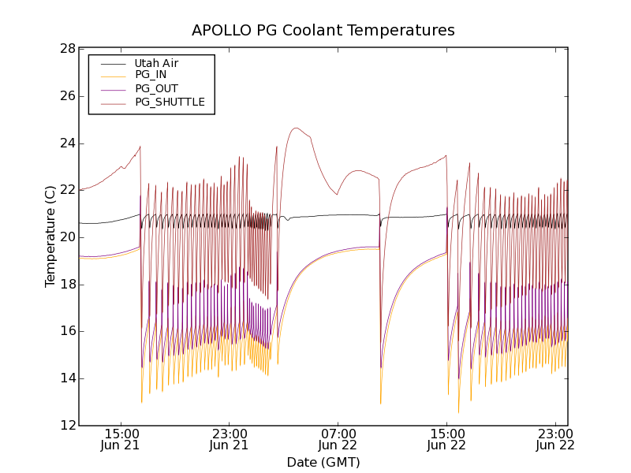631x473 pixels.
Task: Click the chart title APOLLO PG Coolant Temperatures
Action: (x=323, y=31)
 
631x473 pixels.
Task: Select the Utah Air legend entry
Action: (x=156, y=63)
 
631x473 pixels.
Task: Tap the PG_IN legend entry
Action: (x=151, y=75)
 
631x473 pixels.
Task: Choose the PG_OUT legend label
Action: (x=156, y=88)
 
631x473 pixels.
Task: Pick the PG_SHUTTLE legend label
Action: (x=170, y=102)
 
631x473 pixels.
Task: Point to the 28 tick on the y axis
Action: (x=66, y=49)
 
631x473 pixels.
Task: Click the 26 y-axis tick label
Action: (x=66, y=96)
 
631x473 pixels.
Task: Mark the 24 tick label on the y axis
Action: (x=66, y=143)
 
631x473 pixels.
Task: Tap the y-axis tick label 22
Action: (x=66, y=190)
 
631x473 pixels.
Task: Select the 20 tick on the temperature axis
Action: (x=66, y=237)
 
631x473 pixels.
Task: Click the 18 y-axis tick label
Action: (x=66, y=285)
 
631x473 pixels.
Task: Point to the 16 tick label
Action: (x=66, y=331)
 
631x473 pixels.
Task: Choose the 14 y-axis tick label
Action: (x=66, y=378)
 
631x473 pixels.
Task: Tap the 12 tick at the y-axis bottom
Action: (x=66, y=426)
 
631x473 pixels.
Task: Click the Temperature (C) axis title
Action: (x=50, y=236)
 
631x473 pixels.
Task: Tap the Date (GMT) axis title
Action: (x=323, y=462)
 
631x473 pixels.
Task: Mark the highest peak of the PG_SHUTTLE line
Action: (x=296, y=128)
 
